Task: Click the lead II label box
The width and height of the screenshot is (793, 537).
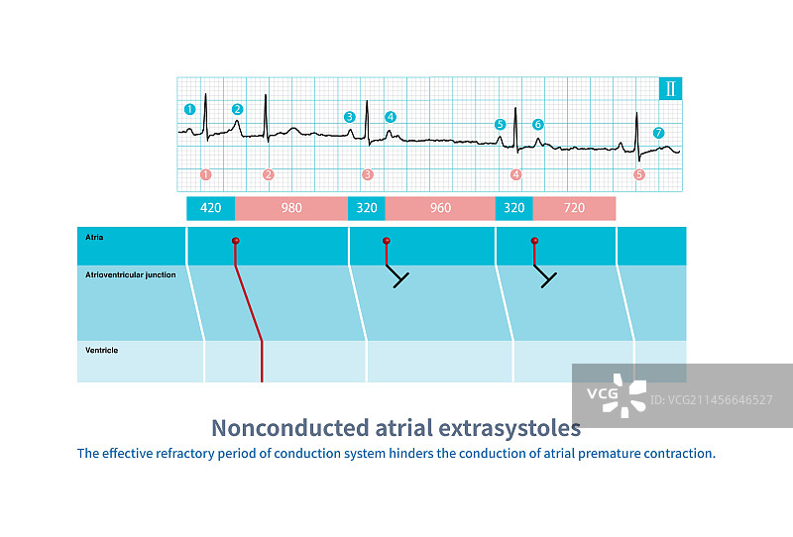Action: click(671, 88)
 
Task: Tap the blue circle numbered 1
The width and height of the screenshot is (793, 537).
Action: click(189, 109)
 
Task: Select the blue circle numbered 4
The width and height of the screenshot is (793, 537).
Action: click(391, 117)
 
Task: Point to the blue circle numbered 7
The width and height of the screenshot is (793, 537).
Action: click(658, 133)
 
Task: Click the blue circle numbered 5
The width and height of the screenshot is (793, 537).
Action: click(500, 125)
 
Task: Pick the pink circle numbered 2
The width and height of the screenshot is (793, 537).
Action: click(268, 174)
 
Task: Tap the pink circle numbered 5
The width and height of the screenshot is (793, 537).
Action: click(638, 174)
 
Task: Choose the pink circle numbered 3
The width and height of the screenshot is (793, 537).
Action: click(368, 174)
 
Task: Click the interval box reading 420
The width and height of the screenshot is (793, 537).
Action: click(211, 208)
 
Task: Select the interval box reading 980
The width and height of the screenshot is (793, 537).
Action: click(290, 208)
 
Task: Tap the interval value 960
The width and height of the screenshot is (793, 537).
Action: click(440, 208)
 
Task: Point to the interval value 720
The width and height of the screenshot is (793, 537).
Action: click(574, 208)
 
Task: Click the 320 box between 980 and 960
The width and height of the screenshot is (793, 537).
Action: click(366, 208)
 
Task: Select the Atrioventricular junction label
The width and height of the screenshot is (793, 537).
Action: click(132, 274)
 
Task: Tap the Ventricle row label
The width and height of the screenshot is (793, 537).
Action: click(103, 350)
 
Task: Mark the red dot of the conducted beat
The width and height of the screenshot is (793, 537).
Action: click(236, 241)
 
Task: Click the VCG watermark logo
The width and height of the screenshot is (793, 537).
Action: click(616, 395)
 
